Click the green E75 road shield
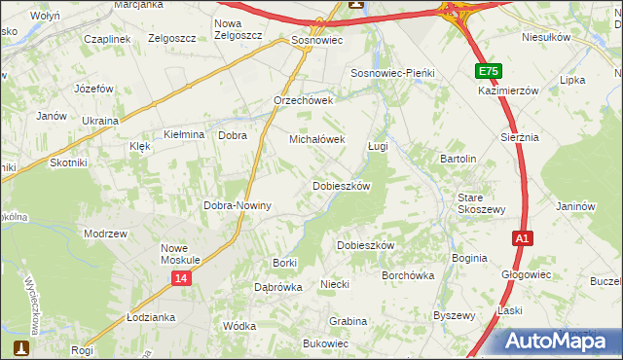[490, 72]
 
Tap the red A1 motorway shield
[523, 237]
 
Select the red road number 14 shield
[182, 278]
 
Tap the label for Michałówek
[316, 139]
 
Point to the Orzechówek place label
[304, 100]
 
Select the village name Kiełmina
[184, 134]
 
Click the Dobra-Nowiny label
[237, 206]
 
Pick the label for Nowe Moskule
[180, 254]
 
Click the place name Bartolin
[458, 159]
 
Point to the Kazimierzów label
[508, 90]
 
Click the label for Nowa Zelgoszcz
[238, 29]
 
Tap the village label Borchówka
[408, 275]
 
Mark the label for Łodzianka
[151, 318]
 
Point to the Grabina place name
[348, 320]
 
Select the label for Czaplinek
[107, 38]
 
